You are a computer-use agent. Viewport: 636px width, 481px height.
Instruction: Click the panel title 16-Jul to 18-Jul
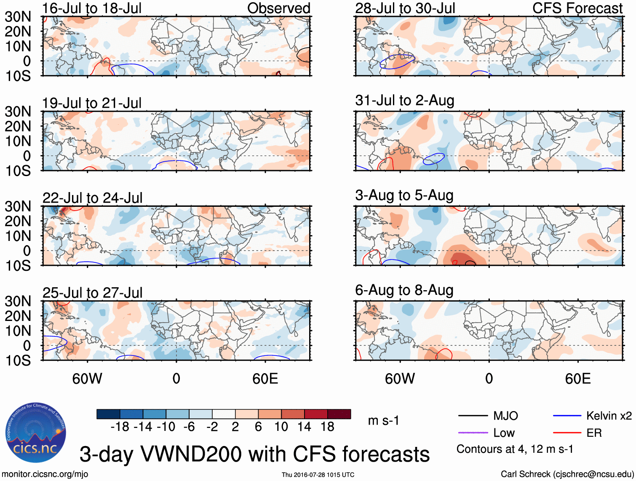tap(92, 8)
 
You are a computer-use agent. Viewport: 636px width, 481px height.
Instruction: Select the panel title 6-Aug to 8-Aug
tap(404, 290)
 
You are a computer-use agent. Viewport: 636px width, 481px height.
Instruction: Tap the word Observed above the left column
tap(278, 8)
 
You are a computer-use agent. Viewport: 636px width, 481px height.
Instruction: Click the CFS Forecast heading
tap(577, 8)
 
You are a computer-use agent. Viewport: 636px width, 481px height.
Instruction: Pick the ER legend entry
tap(594, 433)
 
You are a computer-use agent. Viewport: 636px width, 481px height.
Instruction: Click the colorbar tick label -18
tap(120, 427)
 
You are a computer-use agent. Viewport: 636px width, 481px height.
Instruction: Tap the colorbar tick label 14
tap(304, 427)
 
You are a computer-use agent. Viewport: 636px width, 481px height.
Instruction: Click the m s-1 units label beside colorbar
tap(383, 421)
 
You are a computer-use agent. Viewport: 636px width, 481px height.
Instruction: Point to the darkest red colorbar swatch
tap(339, 414)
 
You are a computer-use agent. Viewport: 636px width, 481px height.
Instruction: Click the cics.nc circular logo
tap(36, 433)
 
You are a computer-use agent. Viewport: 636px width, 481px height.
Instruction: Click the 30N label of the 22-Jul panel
tap(18, 206)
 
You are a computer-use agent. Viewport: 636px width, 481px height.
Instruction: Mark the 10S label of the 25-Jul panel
tap(18, 361)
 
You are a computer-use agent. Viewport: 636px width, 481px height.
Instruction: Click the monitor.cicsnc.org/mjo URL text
tap(45, 474)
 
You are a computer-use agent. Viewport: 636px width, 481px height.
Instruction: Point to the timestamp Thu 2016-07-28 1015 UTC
tap(318, 475)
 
